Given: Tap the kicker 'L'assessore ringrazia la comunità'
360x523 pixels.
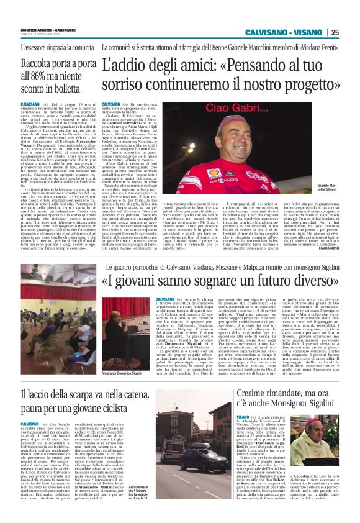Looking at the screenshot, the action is [56, 47].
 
